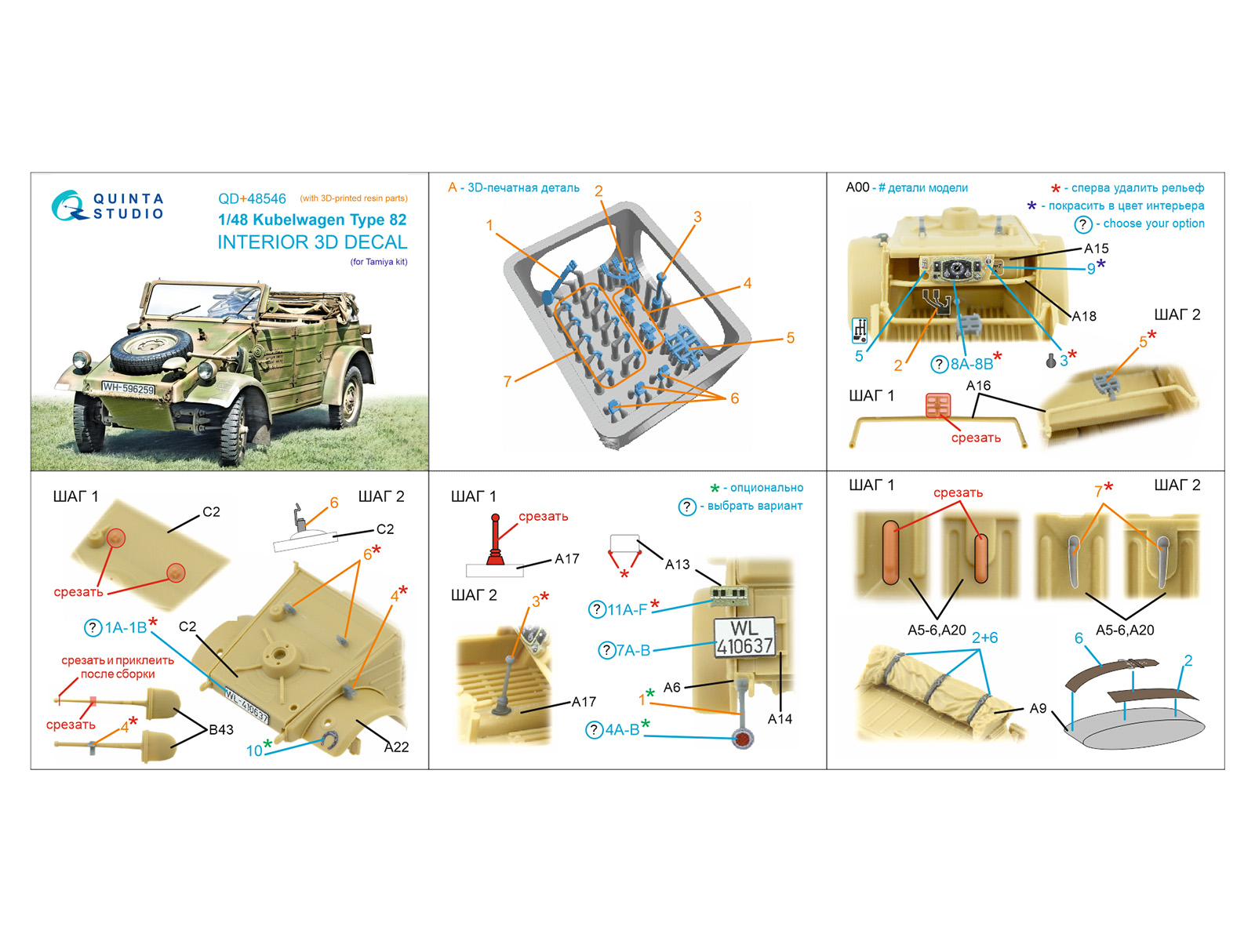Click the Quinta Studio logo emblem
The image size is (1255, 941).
(x=68, y=205)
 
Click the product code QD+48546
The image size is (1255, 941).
(x=252, y=199)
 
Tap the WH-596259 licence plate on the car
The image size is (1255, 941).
(x=128, y=388)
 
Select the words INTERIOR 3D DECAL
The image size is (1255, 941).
(x=312, y=242)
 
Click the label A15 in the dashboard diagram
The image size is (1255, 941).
(x=1096, y=249)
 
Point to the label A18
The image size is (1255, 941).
(x=1083, y=316)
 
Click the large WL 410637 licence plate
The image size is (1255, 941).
(x=744, y=637)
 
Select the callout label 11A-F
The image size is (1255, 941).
(x=627, y=609)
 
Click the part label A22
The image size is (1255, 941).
(x=396, y=747)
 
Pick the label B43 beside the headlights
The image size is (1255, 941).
(x=221, y=729)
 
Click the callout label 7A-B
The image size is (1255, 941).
(x=633, y=650)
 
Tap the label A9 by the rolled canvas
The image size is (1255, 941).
(x=1038, y=708)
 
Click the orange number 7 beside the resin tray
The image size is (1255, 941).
(x=507, y=381)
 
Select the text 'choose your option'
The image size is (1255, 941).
(x=1153, y=223)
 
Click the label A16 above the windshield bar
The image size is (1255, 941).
(x=978, y=386)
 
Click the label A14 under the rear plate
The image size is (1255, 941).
(x=780, y=719)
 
